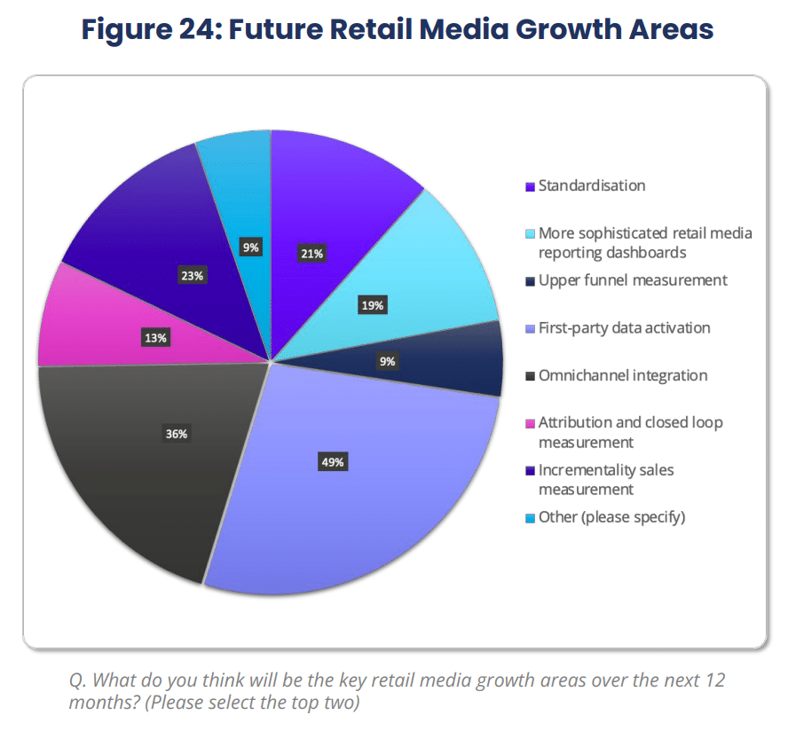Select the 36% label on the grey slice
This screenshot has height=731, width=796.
click(177, 434)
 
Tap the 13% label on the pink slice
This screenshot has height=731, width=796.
click(155, 337)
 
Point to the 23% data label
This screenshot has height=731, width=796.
click(192, 276)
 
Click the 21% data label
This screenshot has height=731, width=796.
click(311, 254)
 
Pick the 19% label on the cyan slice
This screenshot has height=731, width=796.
click(372, 305)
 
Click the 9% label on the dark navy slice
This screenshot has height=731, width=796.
click(387, 361)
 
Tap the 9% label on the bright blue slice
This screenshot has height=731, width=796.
click(251, 248)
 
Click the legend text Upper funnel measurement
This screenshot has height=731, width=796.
click(633, 280)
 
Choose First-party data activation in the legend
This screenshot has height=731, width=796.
click(624, 328)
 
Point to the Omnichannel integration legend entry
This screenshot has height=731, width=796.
click(623, 375)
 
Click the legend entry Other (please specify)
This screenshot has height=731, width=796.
click(611, 517)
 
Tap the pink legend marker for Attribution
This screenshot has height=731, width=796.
click(530, 424)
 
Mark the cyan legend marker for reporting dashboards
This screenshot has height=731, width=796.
click(530, 235)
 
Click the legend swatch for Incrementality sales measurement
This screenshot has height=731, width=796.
click(530, 471)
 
